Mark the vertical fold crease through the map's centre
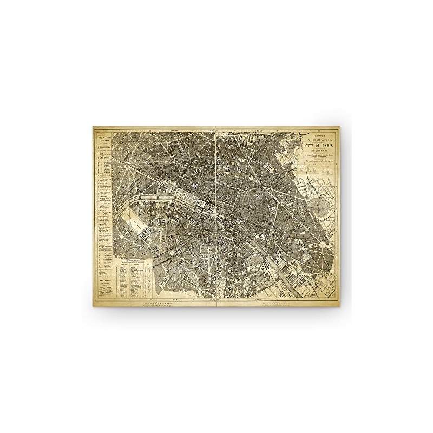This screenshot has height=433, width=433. coord(216,216)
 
